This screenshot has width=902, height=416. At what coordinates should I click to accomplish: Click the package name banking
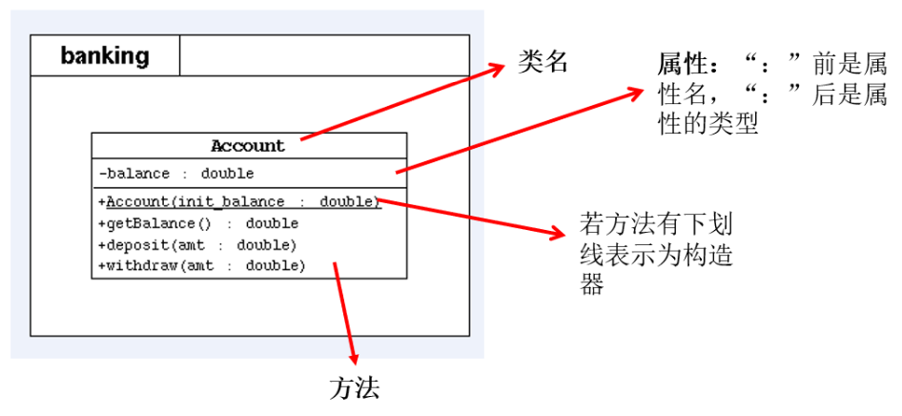point(105,55)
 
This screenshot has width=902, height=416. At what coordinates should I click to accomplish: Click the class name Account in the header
point(248,146)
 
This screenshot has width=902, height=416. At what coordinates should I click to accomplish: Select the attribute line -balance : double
point(176,174)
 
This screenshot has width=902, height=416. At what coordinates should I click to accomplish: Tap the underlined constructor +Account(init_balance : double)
point(240,202)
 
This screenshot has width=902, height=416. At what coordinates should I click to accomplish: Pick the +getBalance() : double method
point(198,223)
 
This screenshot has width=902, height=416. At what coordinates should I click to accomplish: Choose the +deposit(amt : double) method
point(197,245)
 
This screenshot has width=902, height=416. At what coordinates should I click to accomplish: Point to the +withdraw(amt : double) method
point(202,266)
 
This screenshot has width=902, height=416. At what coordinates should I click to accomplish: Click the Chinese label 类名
point(542,62)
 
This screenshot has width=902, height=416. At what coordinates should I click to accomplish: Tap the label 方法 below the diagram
point(355,389)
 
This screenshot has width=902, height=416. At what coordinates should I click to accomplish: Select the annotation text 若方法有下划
point(656,226)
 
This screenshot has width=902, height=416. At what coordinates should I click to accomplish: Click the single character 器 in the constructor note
point(592,284)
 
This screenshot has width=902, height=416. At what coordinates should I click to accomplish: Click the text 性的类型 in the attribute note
point(707,124)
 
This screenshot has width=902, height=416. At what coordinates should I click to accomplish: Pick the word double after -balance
point(227,174)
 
